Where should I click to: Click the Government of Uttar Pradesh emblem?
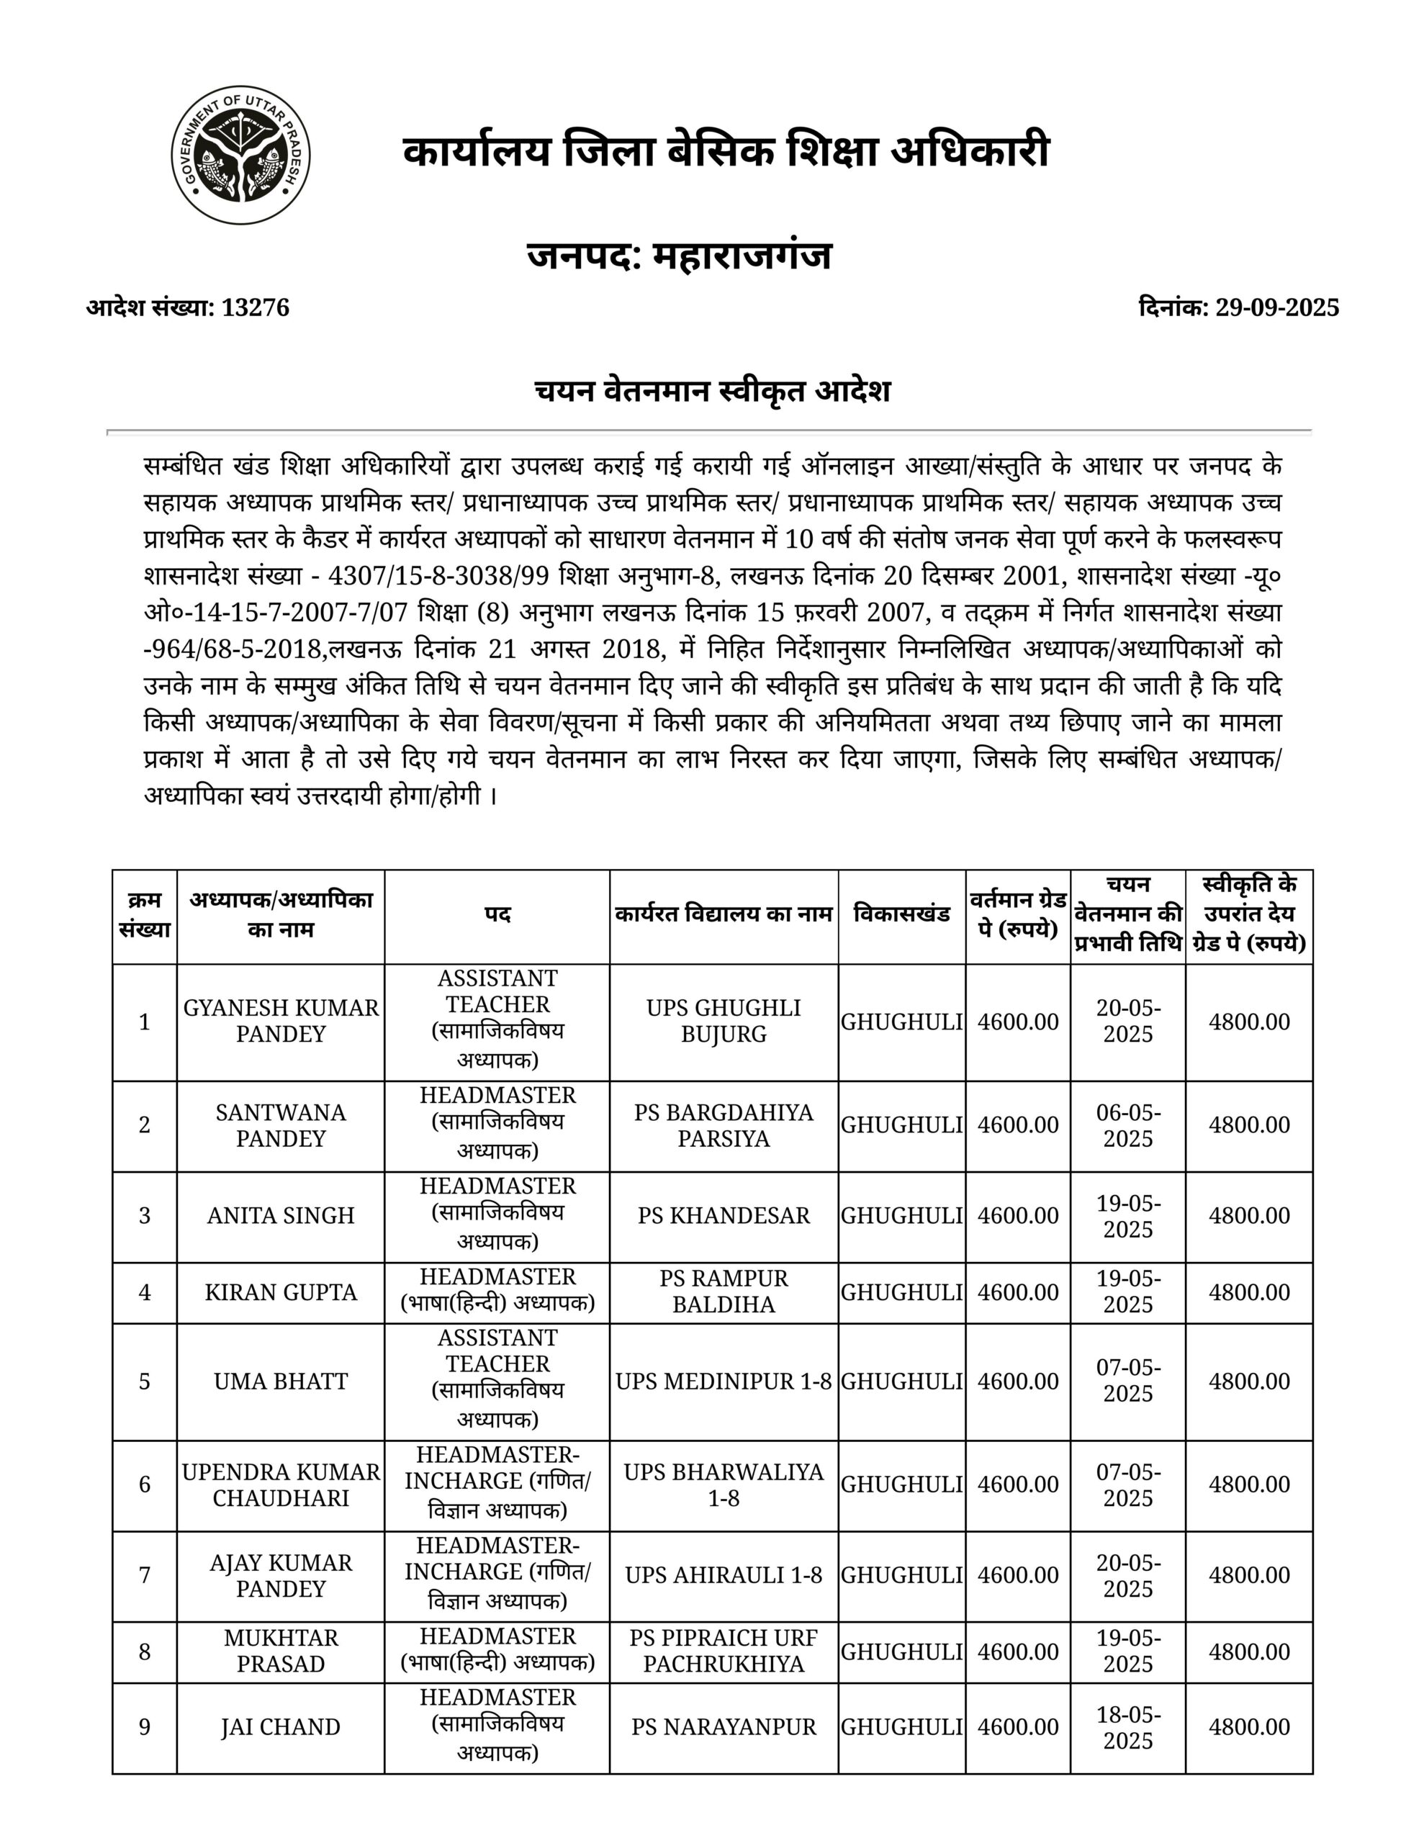(240, 156)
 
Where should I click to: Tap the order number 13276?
(255, 308)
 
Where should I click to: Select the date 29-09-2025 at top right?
(1276, 308)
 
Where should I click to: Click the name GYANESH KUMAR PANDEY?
(280, 1021)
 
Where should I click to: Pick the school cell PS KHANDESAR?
(724, 1215)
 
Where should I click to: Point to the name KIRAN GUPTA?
(280, 1292)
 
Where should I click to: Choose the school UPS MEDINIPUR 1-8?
(724, 1382)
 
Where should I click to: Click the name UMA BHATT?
(280, 1382)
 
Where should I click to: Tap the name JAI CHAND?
(280, 1727)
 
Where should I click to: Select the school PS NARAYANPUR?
(724, 1727)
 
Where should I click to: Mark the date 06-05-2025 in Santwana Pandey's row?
(1127, 1125)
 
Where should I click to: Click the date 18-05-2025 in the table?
(1127, 1727)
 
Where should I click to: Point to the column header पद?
(497, 916)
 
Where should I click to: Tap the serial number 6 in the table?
(144, 1484)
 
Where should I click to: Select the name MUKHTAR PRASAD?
(280, 1651)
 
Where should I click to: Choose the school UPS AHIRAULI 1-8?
(724, 1574)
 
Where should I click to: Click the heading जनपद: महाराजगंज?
(680, 255)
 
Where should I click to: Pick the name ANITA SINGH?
(280, 1215)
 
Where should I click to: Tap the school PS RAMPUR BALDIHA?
(724, 1292)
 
